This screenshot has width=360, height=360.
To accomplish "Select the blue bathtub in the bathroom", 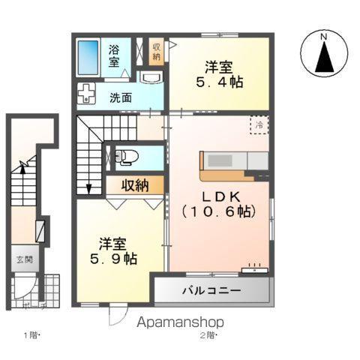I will (88, 56).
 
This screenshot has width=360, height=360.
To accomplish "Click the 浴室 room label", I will (114, 56).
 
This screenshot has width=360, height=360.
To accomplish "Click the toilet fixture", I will (126, 157).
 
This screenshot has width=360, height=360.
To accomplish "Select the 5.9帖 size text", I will (115, 259).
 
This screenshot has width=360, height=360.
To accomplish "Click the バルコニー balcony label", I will (209, 290).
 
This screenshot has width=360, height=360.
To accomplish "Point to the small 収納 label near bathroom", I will (157, 51).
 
